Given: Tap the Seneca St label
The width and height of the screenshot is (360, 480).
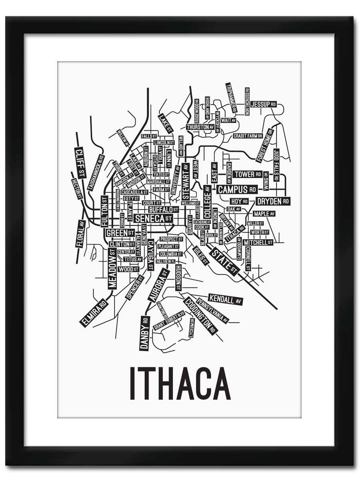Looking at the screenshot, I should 154,218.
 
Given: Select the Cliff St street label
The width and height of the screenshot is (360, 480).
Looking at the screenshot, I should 80,162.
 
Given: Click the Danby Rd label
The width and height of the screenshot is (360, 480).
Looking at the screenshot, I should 144,333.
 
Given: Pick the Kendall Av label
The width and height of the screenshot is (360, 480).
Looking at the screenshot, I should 226,299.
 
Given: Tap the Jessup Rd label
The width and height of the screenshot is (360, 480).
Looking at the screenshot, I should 263,104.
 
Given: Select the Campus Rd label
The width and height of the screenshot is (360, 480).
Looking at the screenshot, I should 237,189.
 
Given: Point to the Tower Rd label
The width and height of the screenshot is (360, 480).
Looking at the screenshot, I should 248,174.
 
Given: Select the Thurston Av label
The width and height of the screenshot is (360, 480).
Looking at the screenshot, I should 200,127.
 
